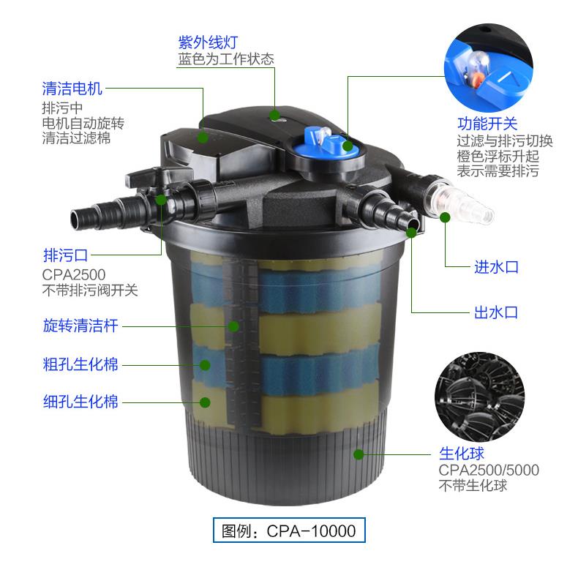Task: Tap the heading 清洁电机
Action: pyautogui.click(x=72, y=89)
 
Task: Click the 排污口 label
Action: pyautogui.click(x=65, y=255)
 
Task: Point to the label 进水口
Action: pyautogui.click(x=496, y=267)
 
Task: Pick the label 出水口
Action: pyautogui.click(x=496, y=312)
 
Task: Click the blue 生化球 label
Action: pyautogui.click(x=461, y=454)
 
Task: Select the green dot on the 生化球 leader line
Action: pyautogui.click(x=359, y=454)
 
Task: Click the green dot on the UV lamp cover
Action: pyautogui.click(x=274, y=115)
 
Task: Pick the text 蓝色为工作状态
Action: pyautogui.click(x=225, y=59)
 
